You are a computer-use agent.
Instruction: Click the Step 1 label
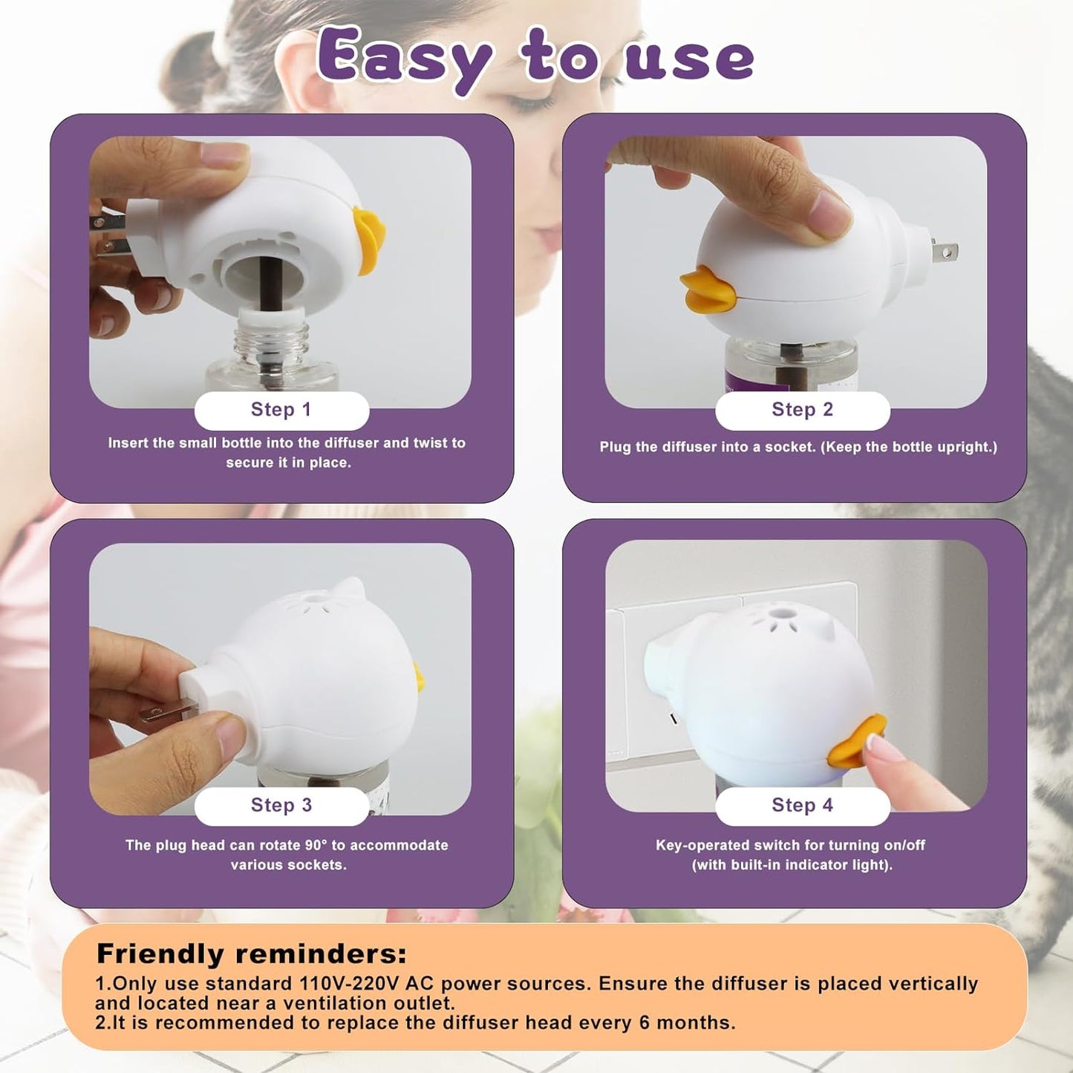[x=281, y=410]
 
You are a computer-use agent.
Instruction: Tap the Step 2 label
[x=802, y=410]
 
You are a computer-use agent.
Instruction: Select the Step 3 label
[x=281, y=806]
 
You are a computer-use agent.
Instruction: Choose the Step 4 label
[x=802, y=806]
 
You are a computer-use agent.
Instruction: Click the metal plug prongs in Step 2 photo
[x=942, y=252]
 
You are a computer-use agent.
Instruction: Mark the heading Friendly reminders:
[x=252, y=953]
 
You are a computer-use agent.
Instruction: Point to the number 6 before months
[x=644, y=1023]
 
